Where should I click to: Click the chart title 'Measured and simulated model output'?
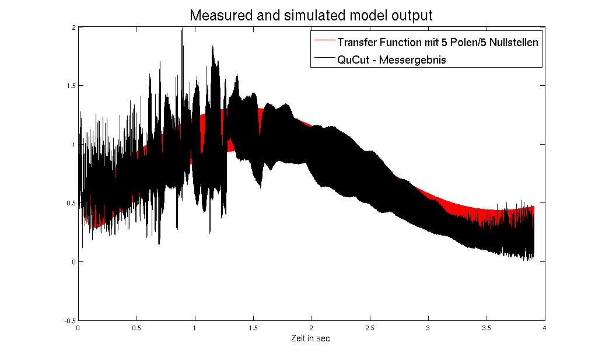coord(311,15)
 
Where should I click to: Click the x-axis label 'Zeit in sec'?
coord(311,338)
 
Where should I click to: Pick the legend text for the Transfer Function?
coord(437,42)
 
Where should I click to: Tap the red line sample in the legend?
coord(324,42)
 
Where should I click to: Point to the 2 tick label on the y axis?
coord(73,27)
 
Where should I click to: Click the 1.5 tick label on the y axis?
coord(71,85)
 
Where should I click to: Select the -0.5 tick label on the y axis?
coord(69,320)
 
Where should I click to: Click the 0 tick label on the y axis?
coord(73,261)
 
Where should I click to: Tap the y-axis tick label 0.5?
coord(71,203)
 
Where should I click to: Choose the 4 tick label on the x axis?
coord(544,328)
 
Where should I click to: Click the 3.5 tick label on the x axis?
coord(486,328)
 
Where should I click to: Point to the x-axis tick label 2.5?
coord(369,328)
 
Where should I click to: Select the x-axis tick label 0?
coord(78,328)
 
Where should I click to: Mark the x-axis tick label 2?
coord(311,328)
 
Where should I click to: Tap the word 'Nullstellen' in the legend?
coord(513,42)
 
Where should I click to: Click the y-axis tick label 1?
coord(73,144)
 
